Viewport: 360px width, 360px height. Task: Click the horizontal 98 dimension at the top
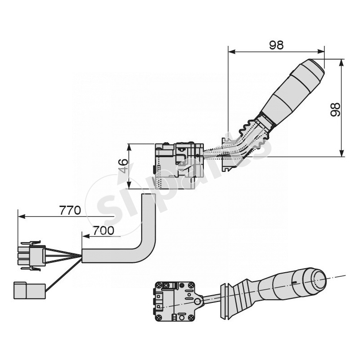(x=276, y=45)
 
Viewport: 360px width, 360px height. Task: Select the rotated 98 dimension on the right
(x=335, y=109)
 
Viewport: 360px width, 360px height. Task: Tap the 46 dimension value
(x=123, y=166)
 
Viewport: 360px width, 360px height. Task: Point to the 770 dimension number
(x=70, y=210)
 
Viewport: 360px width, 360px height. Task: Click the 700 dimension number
(x=103, y=231)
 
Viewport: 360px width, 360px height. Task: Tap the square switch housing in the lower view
(x=175, y=301)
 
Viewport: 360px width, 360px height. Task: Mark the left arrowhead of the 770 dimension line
(x=20, y=216)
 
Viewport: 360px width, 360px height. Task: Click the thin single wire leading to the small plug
(x=63, y=274)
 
